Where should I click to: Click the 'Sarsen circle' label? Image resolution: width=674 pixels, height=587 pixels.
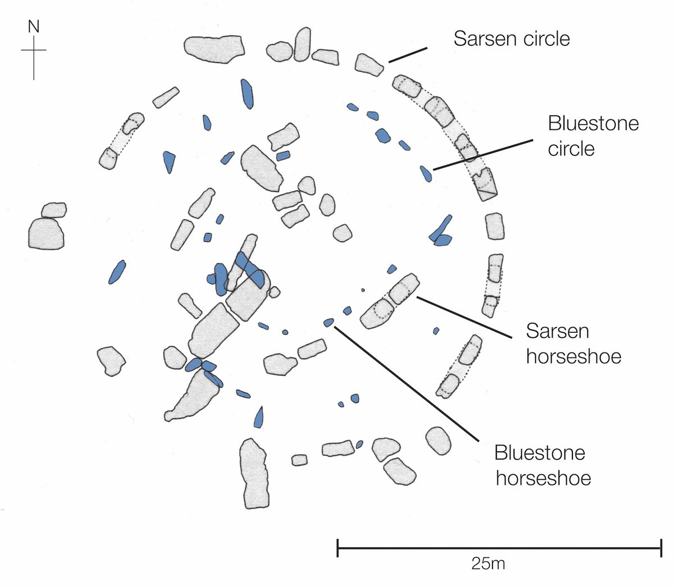[x=512, y=39]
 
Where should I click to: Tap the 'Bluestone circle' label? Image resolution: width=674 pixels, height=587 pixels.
[x=593, y=136]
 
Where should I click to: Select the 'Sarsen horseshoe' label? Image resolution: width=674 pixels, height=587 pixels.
[x=573, y=343]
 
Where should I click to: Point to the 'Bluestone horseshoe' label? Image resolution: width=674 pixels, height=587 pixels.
[x=543, y=465]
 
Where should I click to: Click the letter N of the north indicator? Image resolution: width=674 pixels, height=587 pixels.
[x=34, y=26]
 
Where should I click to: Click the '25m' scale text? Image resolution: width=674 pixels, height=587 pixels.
[x=488, y=563]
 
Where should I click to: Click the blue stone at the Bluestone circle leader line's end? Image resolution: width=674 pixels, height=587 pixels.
[x=426, y=173]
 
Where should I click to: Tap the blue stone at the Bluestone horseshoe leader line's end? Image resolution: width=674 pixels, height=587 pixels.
[x=329, y=322]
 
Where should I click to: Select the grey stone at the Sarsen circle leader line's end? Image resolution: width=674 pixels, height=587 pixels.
[x=370, y=65]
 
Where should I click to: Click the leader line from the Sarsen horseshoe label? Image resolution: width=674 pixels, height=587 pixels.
[x=463, y=317]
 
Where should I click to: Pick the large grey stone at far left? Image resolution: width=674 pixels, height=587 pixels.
[x=46, y=232]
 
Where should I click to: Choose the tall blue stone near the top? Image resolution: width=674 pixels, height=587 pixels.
[x=247, y=93]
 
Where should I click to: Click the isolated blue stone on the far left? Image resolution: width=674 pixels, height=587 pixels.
[x=116, y=272]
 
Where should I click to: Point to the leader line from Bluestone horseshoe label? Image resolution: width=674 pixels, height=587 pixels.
[x=404, y=382]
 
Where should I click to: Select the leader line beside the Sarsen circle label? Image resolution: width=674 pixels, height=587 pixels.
[x=407, y=54]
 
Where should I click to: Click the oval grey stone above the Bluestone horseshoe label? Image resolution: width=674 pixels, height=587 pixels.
[x=439, y=441]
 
